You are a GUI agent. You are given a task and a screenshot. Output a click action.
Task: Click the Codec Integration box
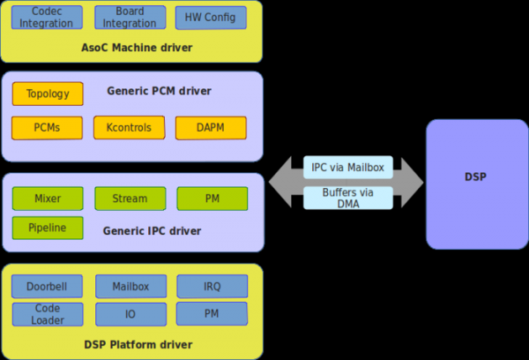48,17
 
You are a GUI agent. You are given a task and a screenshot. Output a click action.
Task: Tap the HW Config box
211,17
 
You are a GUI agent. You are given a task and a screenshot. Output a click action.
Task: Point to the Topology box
48,94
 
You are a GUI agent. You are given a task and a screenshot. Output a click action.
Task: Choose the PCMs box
48,128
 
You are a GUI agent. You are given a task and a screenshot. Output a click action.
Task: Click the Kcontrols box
129,128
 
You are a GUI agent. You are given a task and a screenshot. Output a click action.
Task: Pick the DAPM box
211,128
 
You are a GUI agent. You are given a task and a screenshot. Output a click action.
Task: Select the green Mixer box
48,199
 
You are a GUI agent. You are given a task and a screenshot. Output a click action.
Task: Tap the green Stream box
130,199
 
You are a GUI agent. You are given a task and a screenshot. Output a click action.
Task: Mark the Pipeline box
48,228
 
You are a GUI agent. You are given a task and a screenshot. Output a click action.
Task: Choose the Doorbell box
48,286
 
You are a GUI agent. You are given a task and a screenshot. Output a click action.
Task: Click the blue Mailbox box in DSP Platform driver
130,286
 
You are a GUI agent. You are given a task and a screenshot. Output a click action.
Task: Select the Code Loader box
48,314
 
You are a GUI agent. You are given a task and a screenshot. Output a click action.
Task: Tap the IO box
130,314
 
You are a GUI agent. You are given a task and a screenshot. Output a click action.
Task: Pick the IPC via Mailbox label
347,167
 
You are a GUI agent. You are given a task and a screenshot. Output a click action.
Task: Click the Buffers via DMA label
347,197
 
